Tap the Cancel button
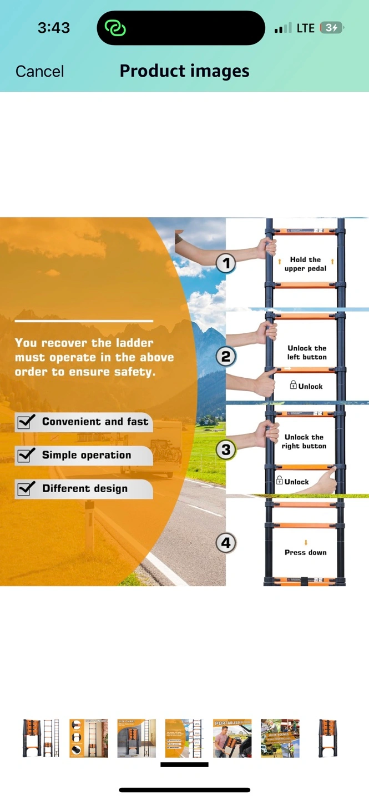coord(40,71)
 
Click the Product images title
coord(184,71)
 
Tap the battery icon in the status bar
coord(332,28)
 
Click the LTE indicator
coord(305,28)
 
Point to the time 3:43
coord(54,28)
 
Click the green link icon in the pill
coord(116,28)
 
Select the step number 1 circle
coord(225,263)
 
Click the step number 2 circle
coord(225,357)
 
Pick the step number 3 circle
coord(225,449)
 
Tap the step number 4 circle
coord(225,543)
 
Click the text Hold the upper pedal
coord(305,264)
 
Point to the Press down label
coord(305,552)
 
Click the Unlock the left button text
coord(307,352)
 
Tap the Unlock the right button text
coord(304,442)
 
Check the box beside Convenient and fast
coord(24,422)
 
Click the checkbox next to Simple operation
coord(24,456)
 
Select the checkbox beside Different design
coord(24,489)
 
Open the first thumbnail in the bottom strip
coord(41,738)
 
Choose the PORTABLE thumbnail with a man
coord(232,738)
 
